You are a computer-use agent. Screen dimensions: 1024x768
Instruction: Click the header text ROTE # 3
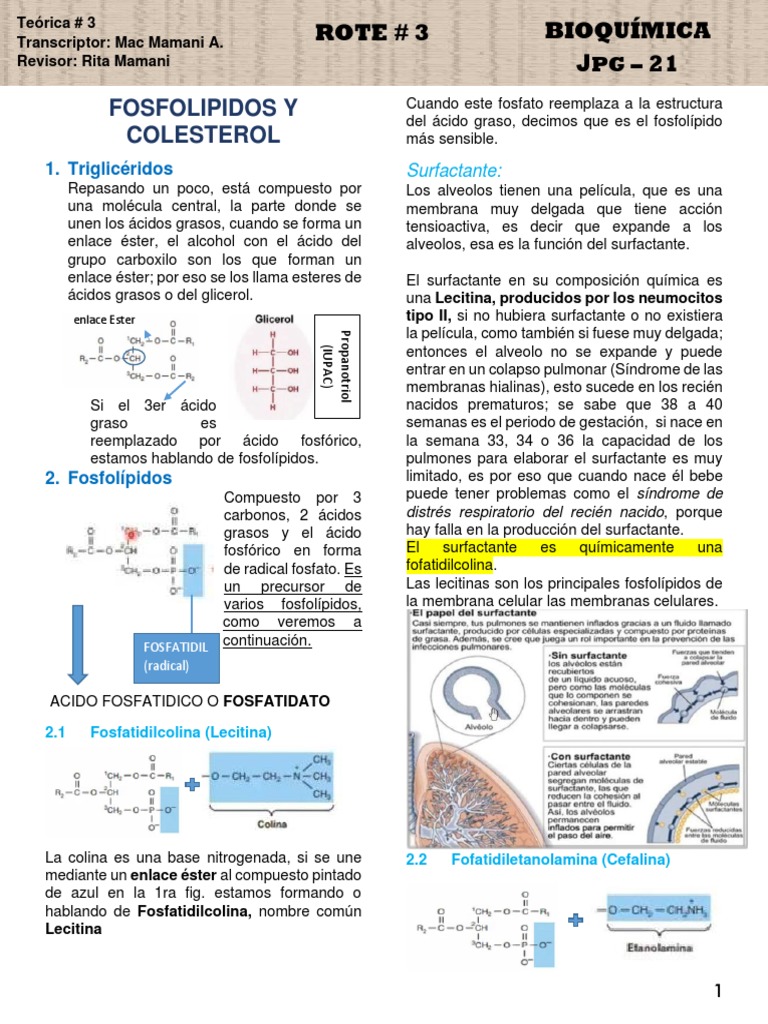pos(371,33)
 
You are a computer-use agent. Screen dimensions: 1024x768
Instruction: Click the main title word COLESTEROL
pos(203,134)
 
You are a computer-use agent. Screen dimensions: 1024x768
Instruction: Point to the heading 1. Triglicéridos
pos(109,168)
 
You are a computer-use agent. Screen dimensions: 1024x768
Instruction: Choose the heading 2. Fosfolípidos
pos(109,478)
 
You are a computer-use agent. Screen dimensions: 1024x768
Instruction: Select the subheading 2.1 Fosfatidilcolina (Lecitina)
pos(158,733)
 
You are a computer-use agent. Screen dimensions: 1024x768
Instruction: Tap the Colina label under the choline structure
pos(271,826)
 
